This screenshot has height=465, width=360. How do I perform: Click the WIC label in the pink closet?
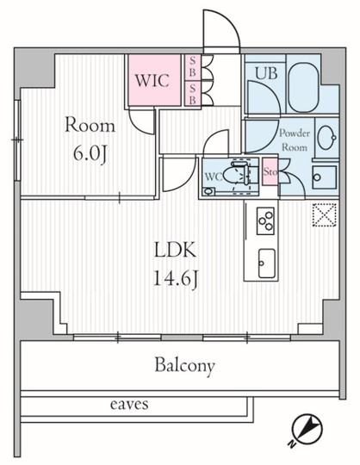pyautogui.click(x=152, y=80)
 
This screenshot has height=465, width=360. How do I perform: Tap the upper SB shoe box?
pyautogui.click(x=192, y=67)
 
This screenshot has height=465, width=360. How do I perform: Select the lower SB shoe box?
pyautogui.click(x=192, y=93)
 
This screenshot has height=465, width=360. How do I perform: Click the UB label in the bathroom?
pyautogui.click(x=266, y=73)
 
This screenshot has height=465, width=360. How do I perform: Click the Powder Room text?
pyautogui.click(x=295, y=140)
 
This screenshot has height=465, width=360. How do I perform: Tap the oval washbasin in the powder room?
pyautogui.click(x=326, y=137)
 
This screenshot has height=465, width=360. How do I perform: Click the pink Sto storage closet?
pyautogui.click(x=270, y=171)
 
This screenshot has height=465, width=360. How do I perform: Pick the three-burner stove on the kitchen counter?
pyautogui.click(x=265, y=221)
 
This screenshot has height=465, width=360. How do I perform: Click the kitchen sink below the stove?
pyautogui.click(x=266, y=263)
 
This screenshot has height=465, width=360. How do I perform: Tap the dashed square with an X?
pyautogui.click(x=325, y=215)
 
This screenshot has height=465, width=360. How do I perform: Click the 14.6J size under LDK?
pyautogui.click(x=175, y=279)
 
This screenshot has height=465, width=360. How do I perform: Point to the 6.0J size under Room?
pyautogui.click(x=90, y=154)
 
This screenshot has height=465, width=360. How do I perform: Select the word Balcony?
pyautogui.click(x=184, y=366)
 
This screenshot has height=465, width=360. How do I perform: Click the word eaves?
pyautogui.click(x=129, y=404)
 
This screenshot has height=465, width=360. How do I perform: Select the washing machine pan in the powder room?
pyautogui.click(x=324, y=177)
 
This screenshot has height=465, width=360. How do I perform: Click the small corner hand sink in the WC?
pyautogui.click(x=209, y=191)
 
